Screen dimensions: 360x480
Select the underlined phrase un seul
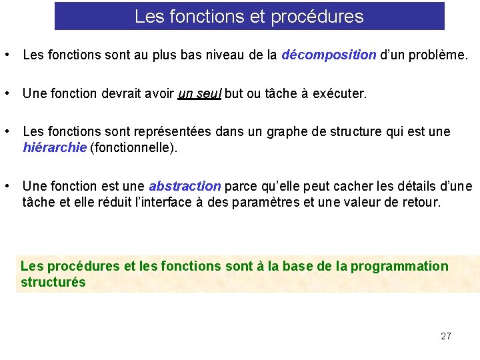200,94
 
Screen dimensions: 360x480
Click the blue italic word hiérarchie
55,148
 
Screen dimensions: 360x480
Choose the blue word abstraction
185,186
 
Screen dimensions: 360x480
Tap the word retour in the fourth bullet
422,202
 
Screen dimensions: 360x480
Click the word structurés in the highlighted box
53,282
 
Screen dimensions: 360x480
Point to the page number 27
446,336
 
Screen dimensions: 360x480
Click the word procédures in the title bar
325,17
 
